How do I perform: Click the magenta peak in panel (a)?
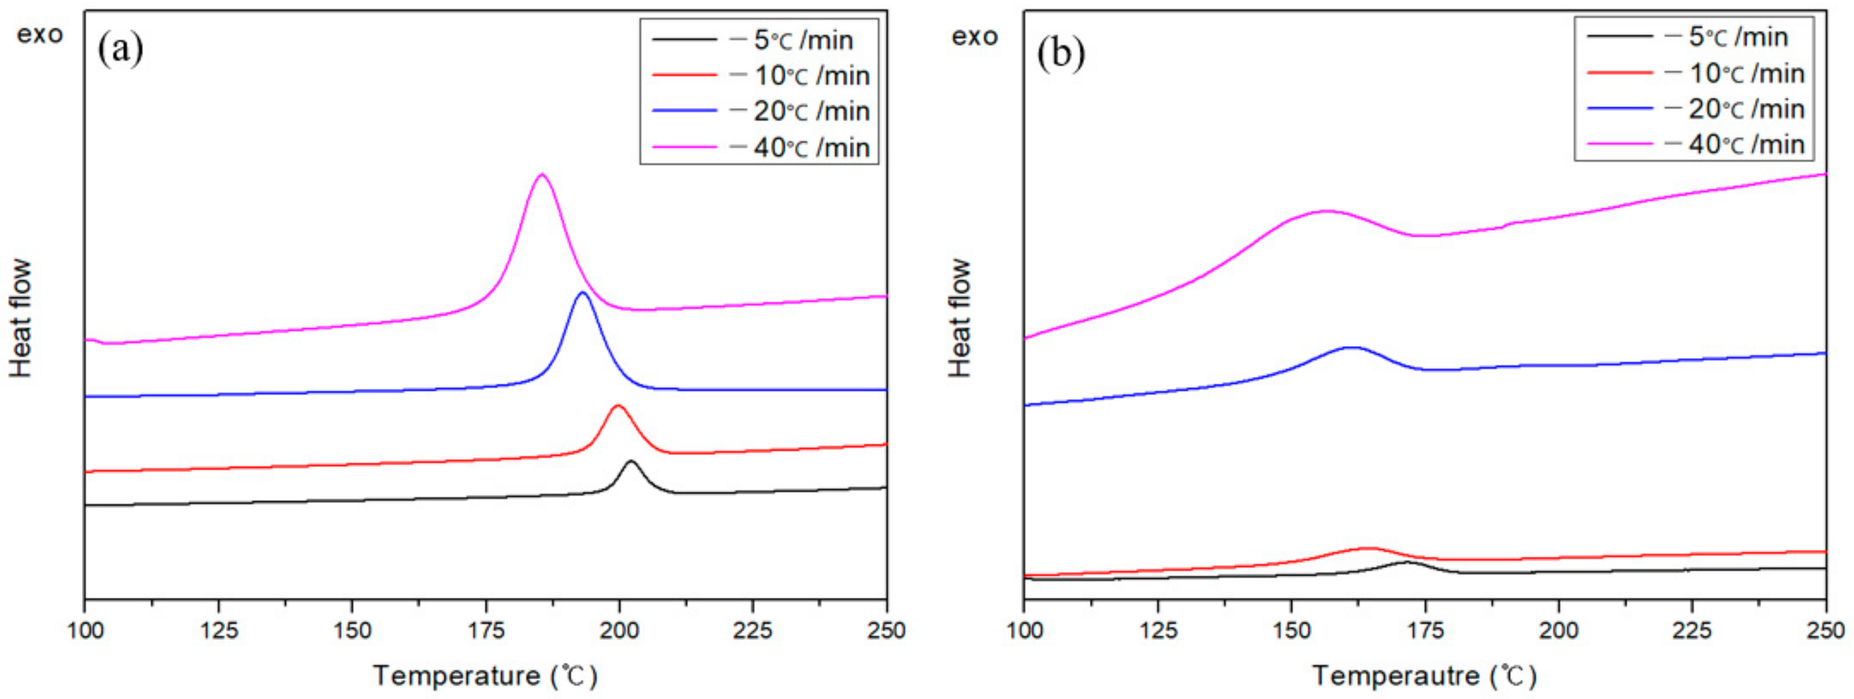[542, 174]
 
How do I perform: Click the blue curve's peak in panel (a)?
[582, 293]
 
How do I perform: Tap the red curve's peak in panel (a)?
[617, 406]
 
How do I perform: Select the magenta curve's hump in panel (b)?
[1324, 211]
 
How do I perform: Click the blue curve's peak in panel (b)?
[1352, 348]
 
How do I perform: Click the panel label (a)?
[120, 49]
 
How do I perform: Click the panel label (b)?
[1060, 53]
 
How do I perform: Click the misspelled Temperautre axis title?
[1424, 676]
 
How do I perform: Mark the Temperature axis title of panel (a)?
[484, 676]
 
